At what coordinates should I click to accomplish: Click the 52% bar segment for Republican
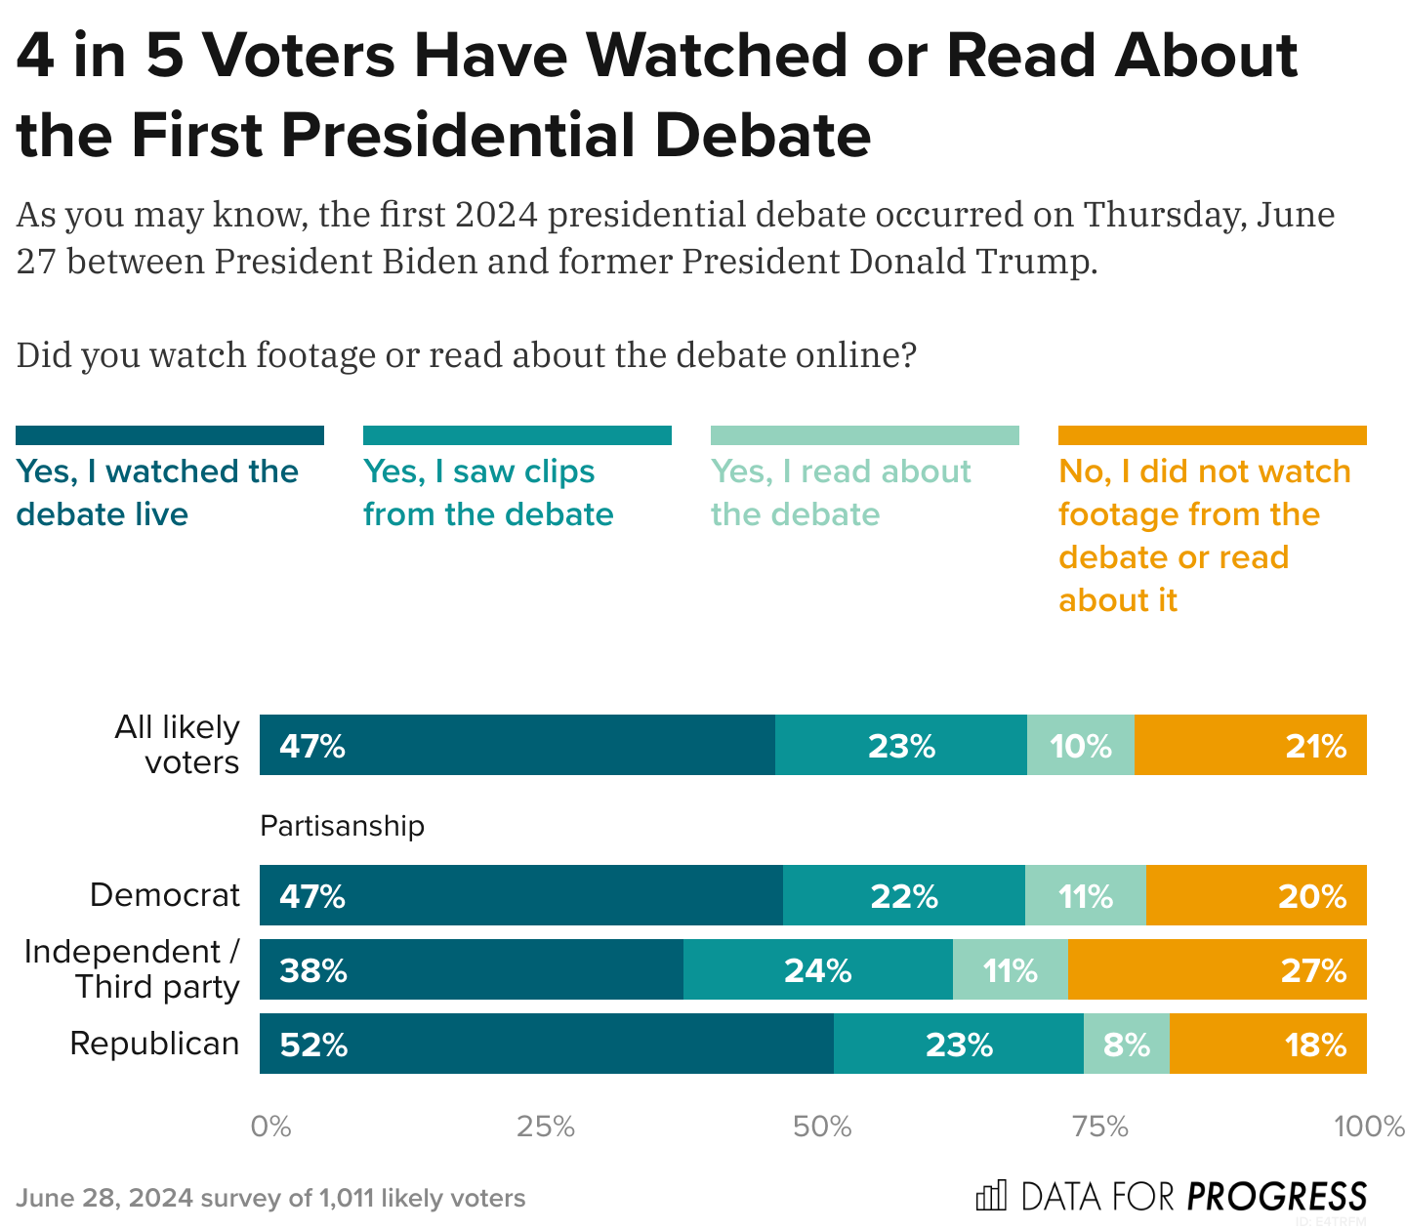(547, 1044)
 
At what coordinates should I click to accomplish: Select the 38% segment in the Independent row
(472, 969)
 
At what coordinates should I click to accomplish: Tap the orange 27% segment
(1217, 969)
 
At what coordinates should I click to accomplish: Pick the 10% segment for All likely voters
(1081, 745)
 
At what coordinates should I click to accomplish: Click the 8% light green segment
(1127, 1044)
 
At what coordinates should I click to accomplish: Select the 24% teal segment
(818, 969)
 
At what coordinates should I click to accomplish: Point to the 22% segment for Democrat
(904, 895)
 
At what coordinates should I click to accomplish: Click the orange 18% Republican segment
(1267, 1044)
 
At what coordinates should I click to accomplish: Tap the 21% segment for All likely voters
(1251, 745)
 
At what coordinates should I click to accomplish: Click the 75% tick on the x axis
(1100, 1127)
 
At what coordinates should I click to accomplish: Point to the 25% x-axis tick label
(546, 1127)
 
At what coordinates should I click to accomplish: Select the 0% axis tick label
(270, 1127)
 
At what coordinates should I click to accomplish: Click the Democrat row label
(165, 895)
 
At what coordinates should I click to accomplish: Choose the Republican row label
(154, 1044)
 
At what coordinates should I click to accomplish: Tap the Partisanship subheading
(342, 826)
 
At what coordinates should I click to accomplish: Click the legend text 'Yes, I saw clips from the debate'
(488, 493)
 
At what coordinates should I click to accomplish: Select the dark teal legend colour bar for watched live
(170, 435)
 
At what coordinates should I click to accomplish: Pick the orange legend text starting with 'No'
(1204, 535)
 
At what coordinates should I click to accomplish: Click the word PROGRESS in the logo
(1277, 1196)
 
